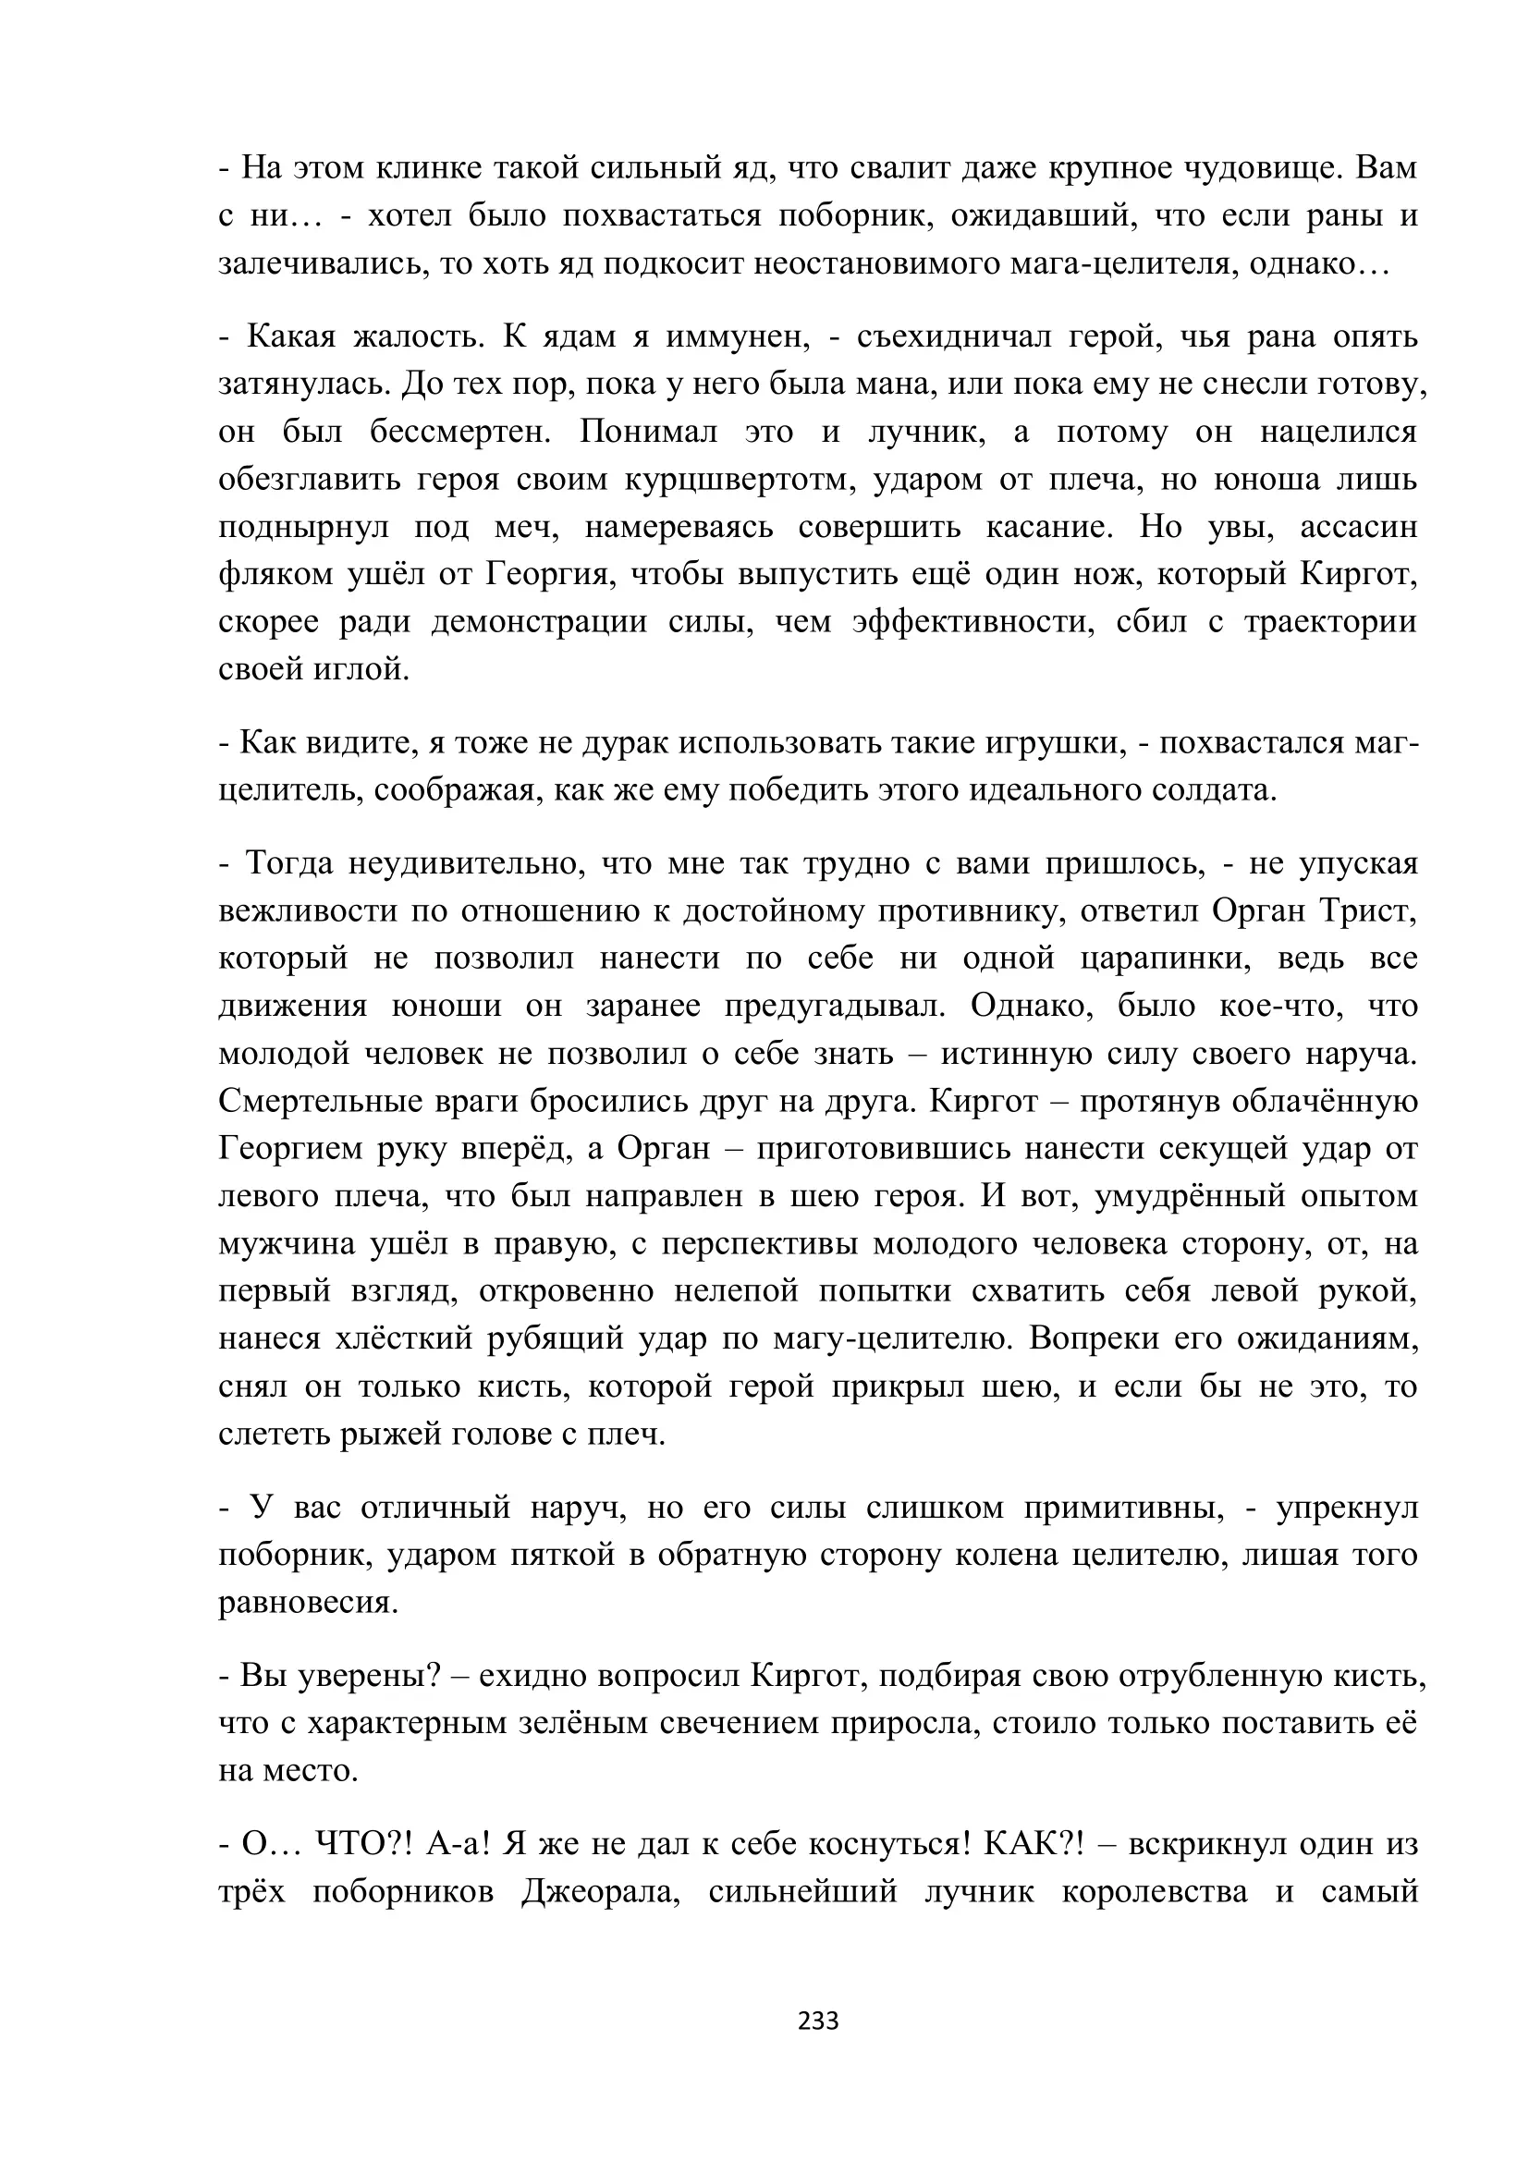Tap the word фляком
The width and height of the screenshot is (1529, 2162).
pos(275,574)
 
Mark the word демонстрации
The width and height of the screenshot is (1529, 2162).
pos(539,622)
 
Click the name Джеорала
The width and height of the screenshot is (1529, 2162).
pos(601,1891)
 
